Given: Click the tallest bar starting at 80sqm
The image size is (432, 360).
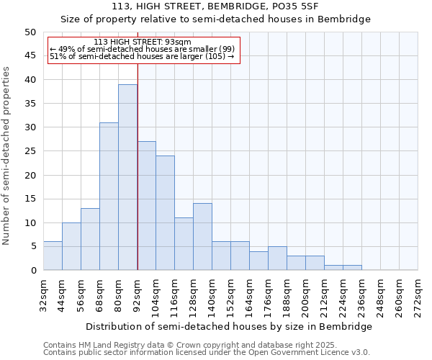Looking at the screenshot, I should tap(127, 177).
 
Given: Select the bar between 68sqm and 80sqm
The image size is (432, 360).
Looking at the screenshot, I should tap(109, 197).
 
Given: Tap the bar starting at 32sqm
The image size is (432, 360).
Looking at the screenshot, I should tap(53, 256).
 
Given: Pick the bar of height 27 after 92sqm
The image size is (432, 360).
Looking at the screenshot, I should tap(146, 206).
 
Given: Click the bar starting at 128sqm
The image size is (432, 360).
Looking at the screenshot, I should tap(202, 237).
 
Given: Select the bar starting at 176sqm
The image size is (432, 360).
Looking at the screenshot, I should tap(277, 258).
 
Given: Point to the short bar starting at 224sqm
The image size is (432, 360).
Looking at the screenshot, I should tap(352, 268).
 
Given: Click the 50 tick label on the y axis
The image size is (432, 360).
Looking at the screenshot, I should tap(30, 32).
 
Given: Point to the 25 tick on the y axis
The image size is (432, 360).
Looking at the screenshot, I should tap(30, 151).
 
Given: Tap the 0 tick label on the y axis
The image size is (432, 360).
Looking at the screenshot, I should tap(33, 271).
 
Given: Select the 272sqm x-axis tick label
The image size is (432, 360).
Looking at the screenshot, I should tap(418, 296).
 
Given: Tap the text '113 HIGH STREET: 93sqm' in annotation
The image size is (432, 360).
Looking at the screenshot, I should tap(143, 42).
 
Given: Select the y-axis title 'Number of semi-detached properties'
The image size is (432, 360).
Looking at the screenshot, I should tap(6, 156).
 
